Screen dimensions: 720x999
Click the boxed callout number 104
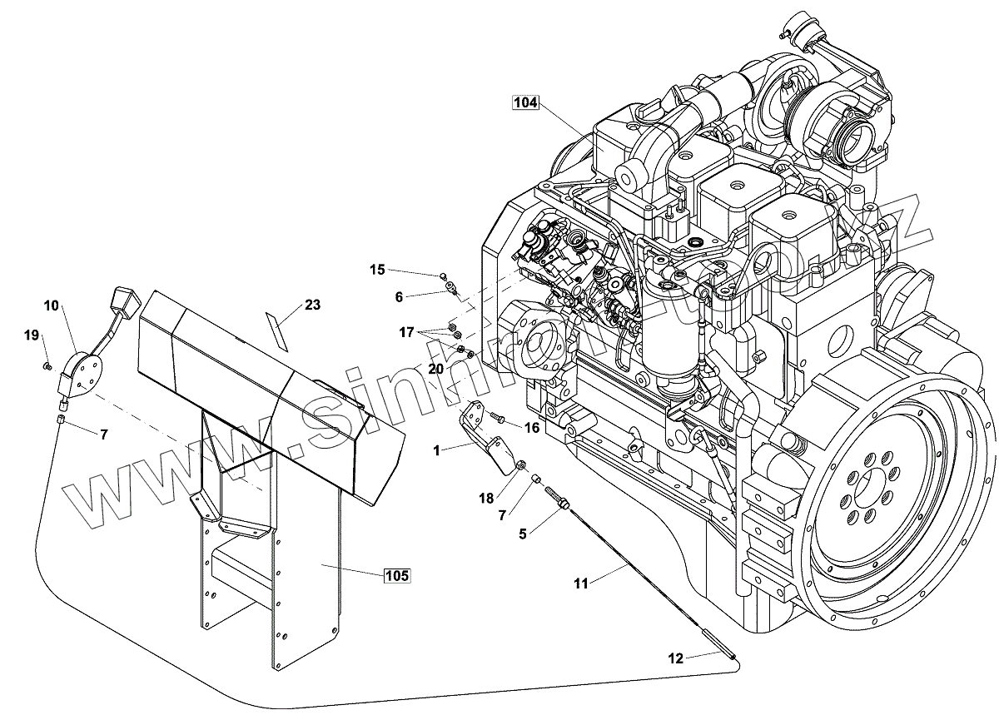click(526, 103)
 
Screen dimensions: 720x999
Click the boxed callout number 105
click(396, 575)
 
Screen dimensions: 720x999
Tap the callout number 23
click(312, 305)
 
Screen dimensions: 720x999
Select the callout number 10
click(52, 305)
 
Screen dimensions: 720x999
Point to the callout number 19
click(32, 335)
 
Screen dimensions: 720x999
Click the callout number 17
click(405, 332)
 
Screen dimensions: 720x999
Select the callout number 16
click(531, 426)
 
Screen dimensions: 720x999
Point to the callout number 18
click(486, 498)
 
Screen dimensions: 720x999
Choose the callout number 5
click(523, 534)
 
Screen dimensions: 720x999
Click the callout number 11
click(581, 583)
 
